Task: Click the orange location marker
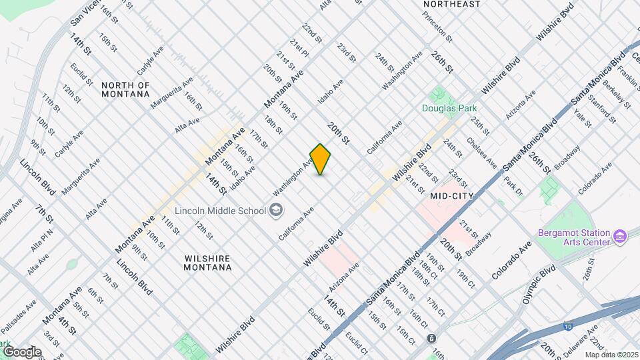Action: [x=321, y=159]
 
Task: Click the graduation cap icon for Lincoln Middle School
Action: [x=275, y=211]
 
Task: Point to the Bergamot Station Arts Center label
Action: [x=574, y=237]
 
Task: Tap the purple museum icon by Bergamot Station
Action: [x=620, y=235]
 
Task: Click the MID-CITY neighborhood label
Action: [x=451, y=196]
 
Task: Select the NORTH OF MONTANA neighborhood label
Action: [x=125, y=89]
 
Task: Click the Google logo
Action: [x=21, y=351]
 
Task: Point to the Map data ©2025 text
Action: [x=611, y=355]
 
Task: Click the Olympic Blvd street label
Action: [x=539, y=283]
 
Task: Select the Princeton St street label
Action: [x=437, y=25]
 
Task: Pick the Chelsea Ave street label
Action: [x=481, y=152]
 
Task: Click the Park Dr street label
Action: [x=513, y=186]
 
